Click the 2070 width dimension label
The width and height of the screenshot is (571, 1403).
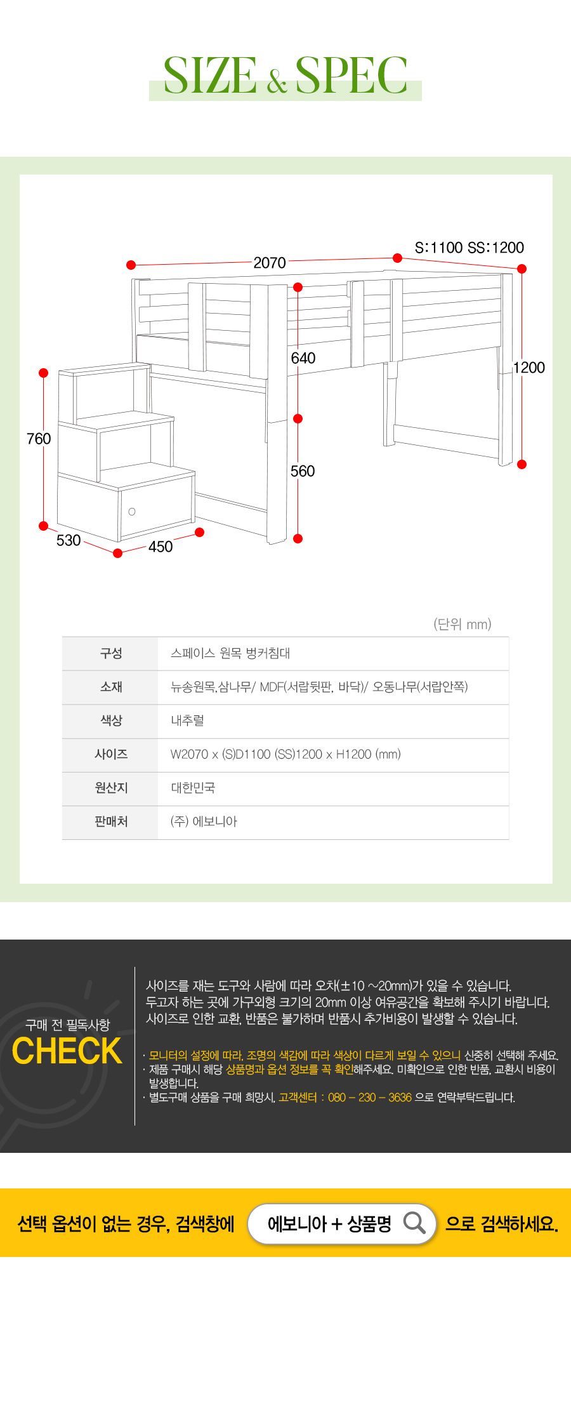click(x=270, y=263)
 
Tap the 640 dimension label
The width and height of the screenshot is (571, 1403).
click(x=303, y=358)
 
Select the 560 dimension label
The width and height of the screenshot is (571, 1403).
click(x=303, y=471)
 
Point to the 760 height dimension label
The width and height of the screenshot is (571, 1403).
click(x=39, y=439)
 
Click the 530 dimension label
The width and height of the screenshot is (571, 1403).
click(x=69, y=540)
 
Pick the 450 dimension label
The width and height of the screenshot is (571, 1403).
click(x=161, y=547)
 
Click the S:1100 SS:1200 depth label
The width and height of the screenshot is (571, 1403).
click(x=469, y=248)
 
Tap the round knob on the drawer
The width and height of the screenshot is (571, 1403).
click(x=132, y=512)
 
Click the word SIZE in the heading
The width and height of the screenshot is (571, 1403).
click(x=210, y=76)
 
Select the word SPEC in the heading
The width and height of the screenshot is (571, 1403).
click(x=351, y=76)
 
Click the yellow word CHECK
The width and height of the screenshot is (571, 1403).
click(x=67, y=1051)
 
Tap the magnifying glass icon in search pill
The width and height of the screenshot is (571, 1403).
click(x=414, y=1222)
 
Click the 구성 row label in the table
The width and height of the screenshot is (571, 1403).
click(x=111, y=653)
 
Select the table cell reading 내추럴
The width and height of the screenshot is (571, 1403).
click(x=188, y=721)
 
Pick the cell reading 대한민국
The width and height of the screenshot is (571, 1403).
click(x=193, y=788)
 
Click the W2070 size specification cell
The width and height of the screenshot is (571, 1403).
click(x=285, y=754)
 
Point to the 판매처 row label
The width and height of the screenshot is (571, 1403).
click(x=111, y=821)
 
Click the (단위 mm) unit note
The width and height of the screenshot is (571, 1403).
click(x=463, y=624)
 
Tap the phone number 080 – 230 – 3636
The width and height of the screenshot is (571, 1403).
click(x=370, y=1098)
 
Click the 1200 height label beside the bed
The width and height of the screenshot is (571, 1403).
click(x=529, y=368)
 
